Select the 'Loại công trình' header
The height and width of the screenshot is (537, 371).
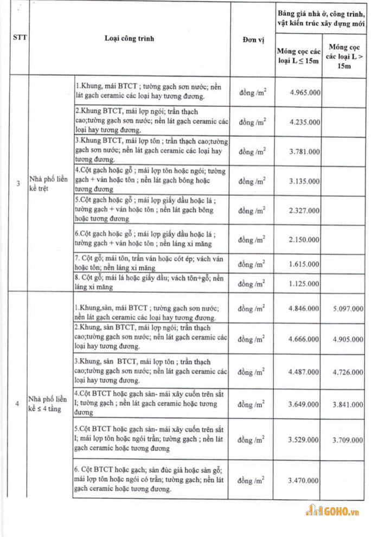click(x=130, y=39)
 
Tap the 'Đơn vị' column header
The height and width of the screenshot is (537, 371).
click(x=251, y=39)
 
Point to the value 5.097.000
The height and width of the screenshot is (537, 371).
click(x=346, y=308)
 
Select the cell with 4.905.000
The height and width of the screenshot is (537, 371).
click(x=346, y=340)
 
